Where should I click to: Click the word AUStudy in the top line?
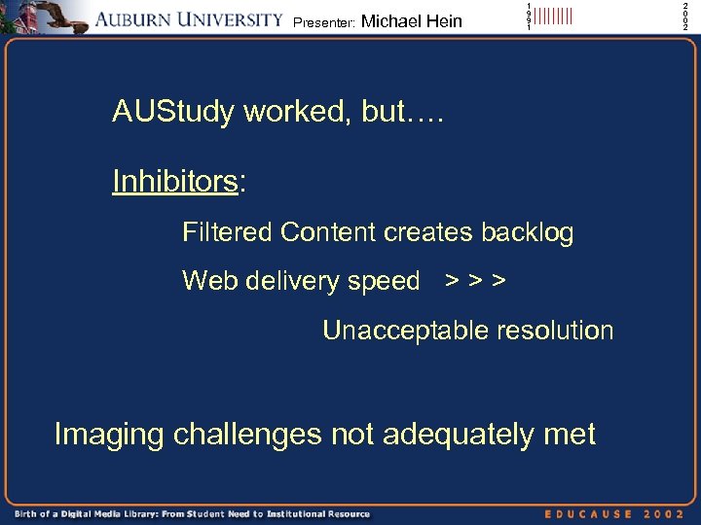173,113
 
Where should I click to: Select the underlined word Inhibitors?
175,182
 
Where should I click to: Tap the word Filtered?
227,232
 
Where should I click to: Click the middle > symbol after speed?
475,282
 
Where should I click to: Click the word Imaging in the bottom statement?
109,435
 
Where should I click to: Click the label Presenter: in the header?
323,22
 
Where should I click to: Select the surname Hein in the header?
443,21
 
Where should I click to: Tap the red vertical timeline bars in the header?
553,17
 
